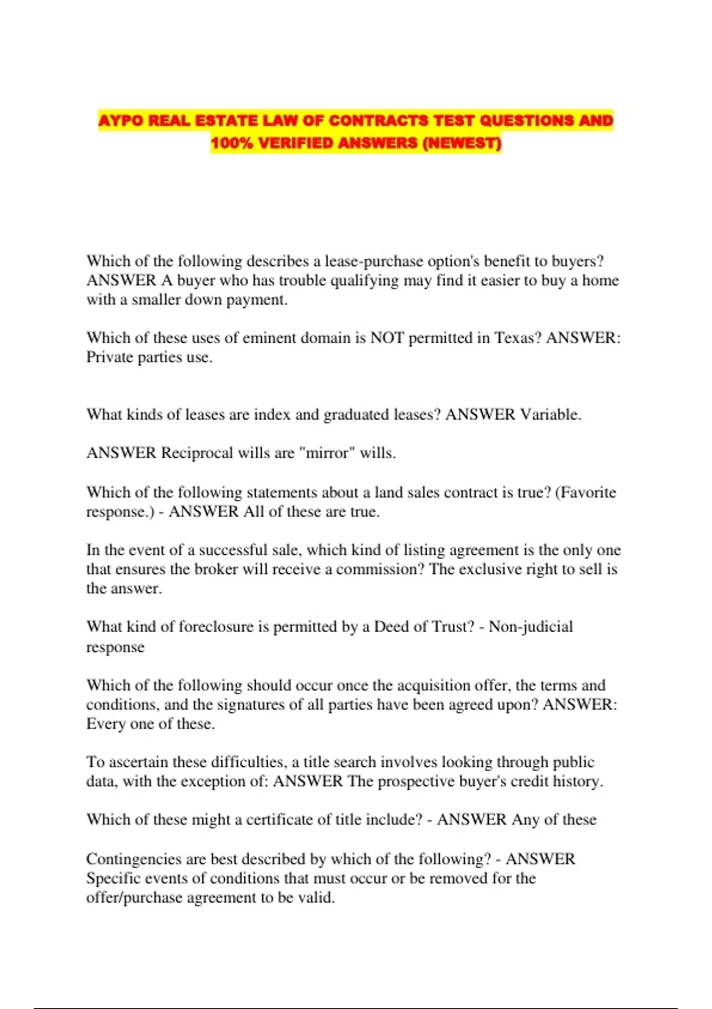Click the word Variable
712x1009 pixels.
pyautogui.click(x=550, y=414)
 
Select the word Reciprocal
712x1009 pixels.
pyautogui.click(x=197, y=453)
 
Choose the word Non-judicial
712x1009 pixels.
pyautogui.click(x=530, y=627)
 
